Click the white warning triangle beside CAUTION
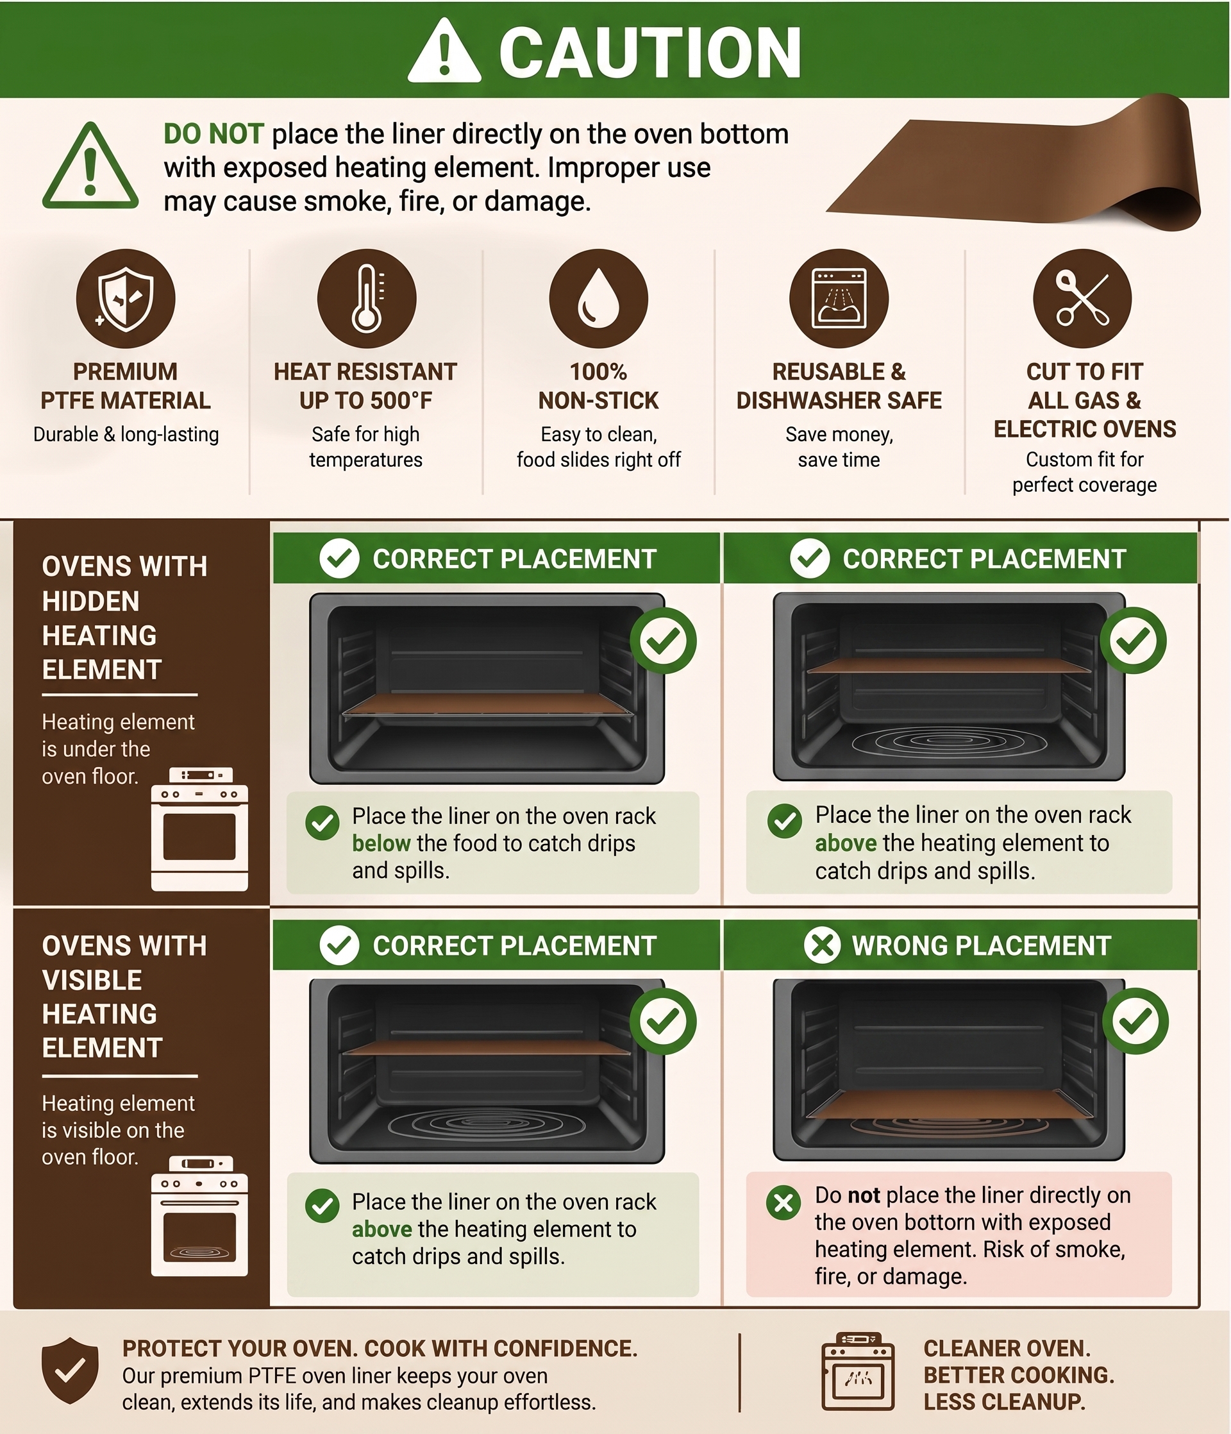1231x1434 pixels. point(444,52)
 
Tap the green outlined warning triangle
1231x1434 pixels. point(90,166)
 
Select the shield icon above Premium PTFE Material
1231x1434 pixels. point(125,298)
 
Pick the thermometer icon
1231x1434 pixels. point(366,298)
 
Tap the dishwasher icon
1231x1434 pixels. point(839,298)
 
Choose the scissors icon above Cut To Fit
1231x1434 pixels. point(1082,298)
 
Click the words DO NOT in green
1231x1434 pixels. point(213,133)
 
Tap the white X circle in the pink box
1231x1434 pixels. point(783,1203)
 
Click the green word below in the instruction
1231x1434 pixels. point(381,843)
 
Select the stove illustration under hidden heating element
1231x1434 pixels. point(199,829)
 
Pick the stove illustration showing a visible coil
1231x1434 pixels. point(199,1216)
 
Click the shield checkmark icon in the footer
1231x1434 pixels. point(70,1371)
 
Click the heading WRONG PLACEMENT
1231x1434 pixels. point(981,945)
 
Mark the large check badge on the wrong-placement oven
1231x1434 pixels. point(1135,1022)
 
